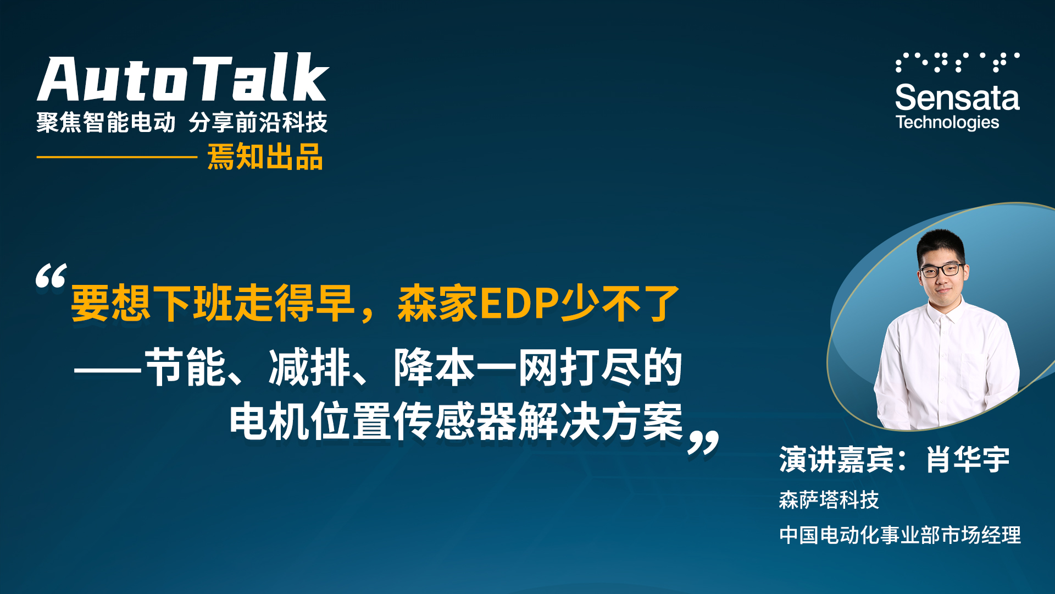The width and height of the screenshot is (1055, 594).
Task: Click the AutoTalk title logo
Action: [x=183, y=78]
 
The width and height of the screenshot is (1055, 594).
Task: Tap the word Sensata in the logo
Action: [x=957, y=98]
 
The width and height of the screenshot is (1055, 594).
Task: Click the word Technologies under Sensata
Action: [x=947, y=123]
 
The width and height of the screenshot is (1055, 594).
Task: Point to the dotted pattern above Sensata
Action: [x=957, y=62]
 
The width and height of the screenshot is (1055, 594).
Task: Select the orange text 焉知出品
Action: [x=265, y=157]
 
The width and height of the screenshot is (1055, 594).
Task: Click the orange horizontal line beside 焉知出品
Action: [x=117, y=157]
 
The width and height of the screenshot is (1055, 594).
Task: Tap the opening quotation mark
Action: [x=51, y=276]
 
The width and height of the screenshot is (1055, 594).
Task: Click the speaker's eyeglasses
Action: [x=941, y=270]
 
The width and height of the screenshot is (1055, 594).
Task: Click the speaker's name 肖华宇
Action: [x=968, y=460]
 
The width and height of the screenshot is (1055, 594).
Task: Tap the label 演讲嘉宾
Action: [x=836, y=460]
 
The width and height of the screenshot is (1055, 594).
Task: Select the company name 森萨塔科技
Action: [x=829, y=500]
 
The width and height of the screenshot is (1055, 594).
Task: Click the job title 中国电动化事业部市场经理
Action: [x=900, y=535]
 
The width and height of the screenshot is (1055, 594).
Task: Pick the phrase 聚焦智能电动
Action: [x=106, y=122]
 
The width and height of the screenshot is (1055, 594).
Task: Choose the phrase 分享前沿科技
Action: [x=258, y=122]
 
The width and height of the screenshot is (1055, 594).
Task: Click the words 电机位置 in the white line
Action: [x=311, y=421]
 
